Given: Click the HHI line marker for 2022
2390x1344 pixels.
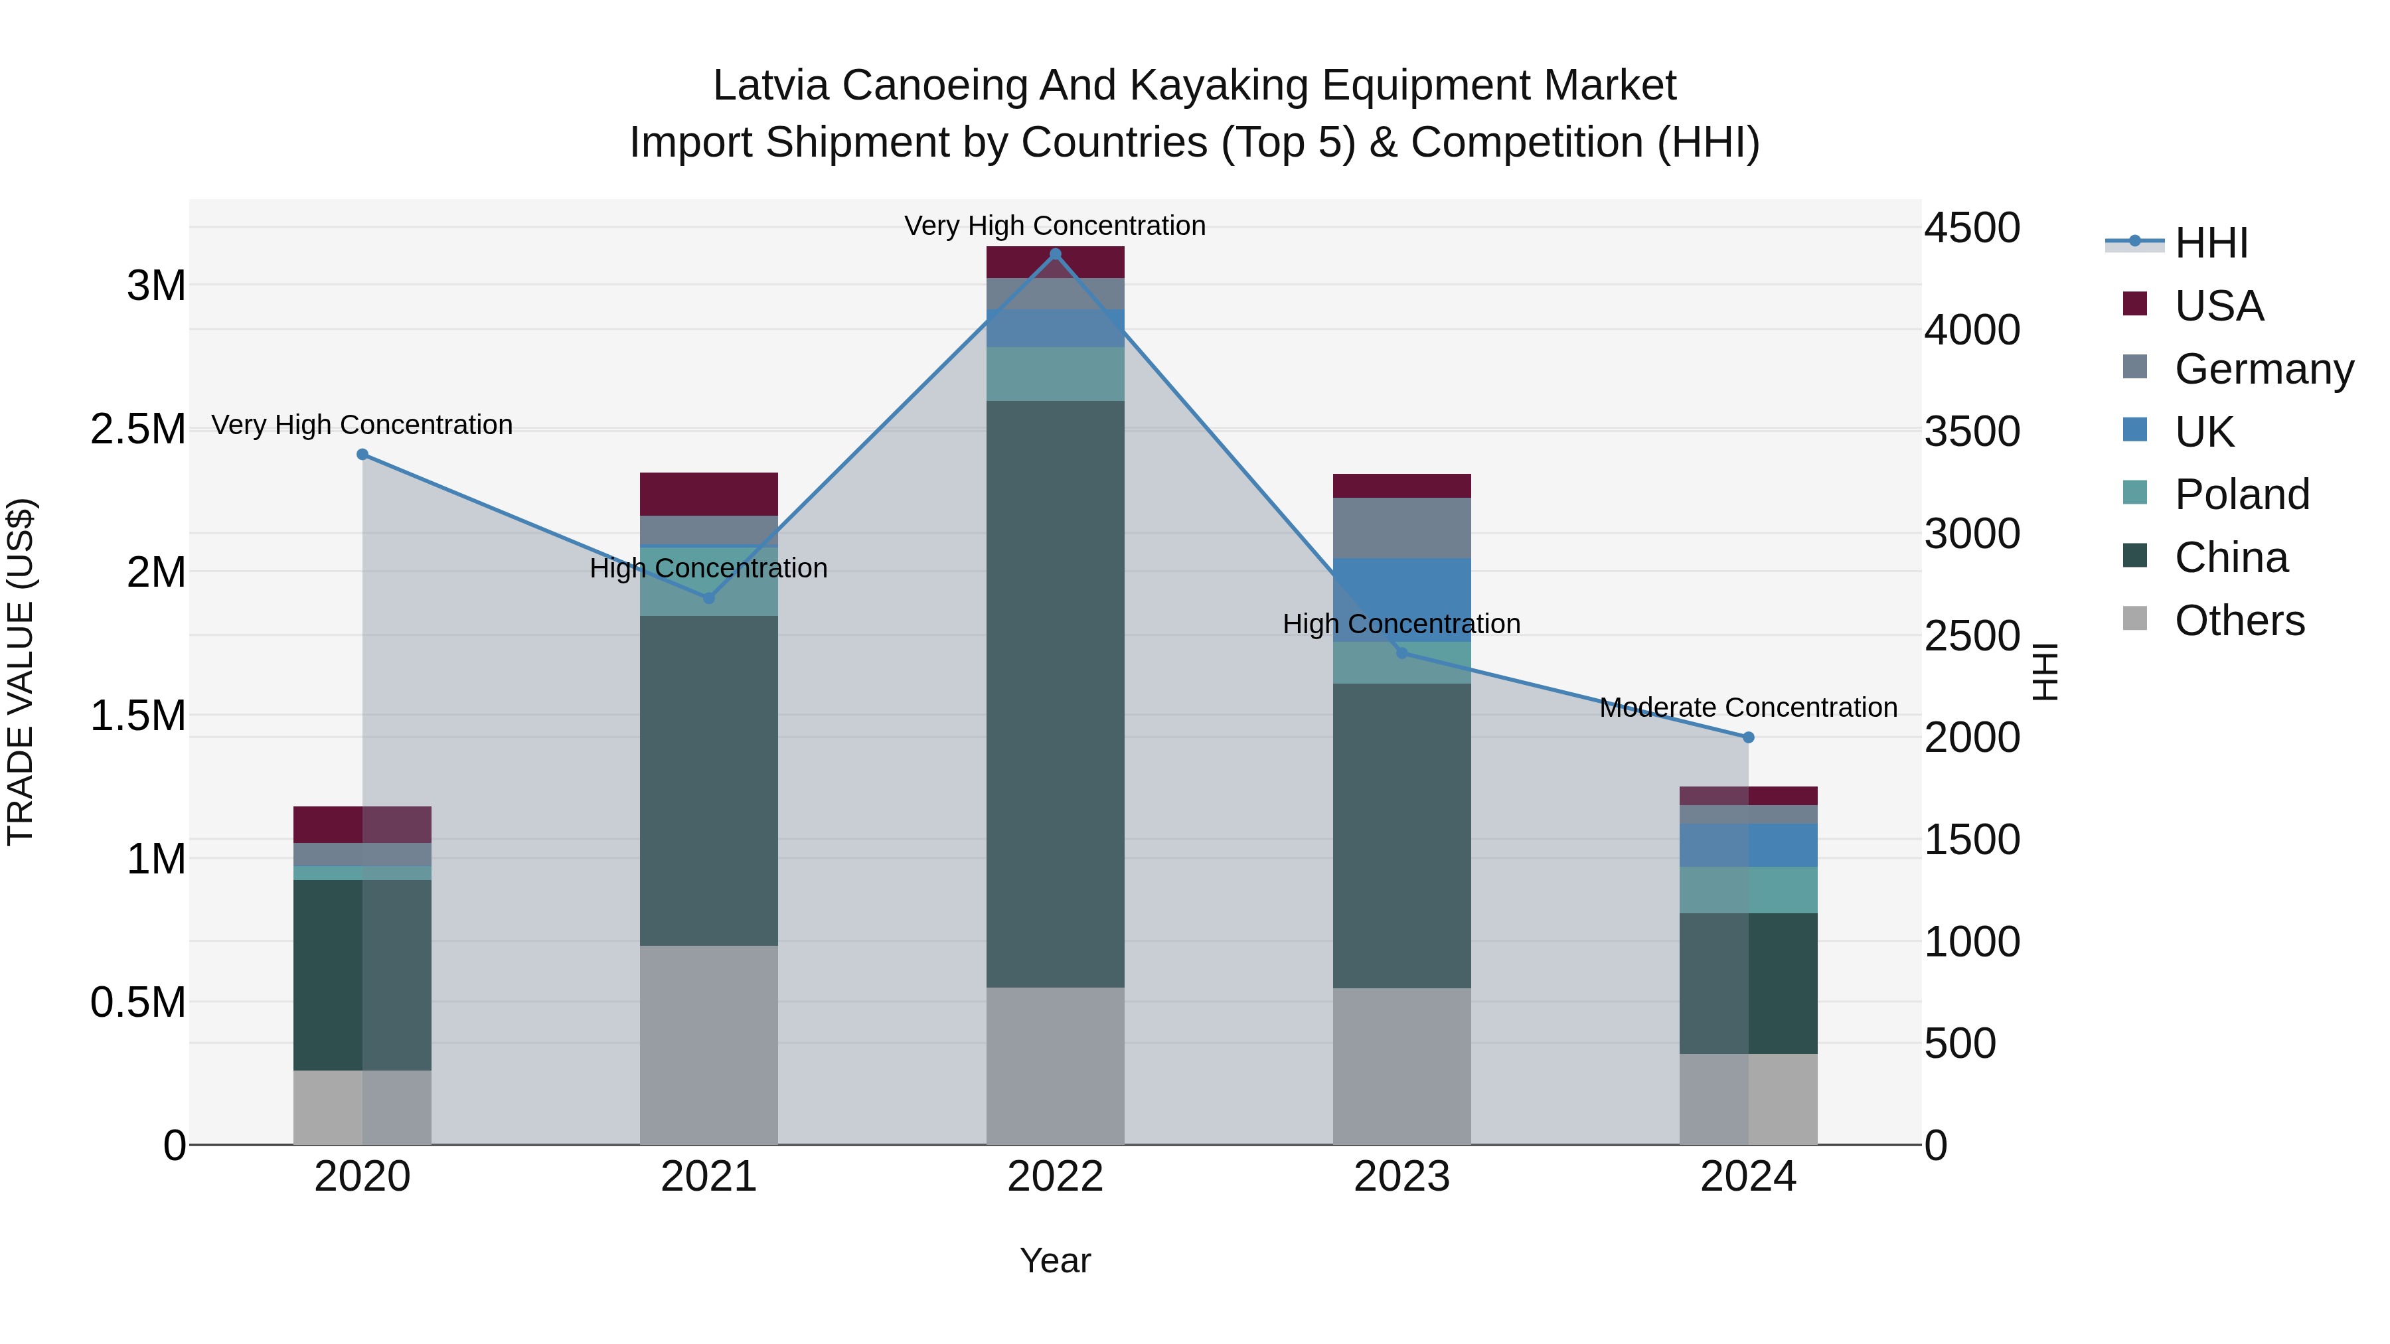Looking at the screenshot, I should pos(1055,254).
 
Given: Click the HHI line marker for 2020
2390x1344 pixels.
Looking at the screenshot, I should pos(362,455).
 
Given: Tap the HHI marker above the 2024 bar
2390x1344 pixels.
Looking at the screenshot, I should pos(1748,737).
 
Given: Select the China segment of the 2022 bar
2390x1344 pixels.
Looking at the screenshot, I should pos(1055,694).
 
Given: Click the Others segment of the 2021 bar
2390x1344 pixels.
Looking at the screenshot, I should pos(709,1045).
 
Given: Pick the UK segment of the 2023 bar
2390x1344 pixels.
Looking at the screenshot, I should pos(1402,600).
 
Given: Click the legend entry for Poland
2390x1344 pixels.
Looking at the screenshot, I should pos(2241,494).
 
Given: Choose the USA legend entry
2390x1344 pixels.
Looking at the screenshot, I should pos(2217,306).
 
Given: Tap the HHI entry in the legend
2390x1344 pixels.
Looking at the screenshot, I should pos(2210,243).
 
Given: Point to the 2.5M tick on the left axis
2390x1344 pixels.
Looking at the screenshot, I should pos(138,429).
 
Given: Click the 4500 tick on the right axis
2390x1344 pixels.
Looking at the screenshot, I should pos(1972,228).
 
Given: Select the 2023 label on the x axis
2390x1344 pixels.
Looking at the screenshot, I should pos(1402,1177).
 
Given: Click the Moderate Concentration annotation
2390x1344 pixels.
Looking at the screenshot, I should pos(1748,708).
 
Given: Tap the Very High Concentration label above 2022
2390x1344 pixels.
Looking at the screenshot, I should pos(1055,226).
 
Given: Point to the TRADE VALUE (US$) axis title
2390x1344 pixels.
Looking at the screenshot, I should pos(21,672).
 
